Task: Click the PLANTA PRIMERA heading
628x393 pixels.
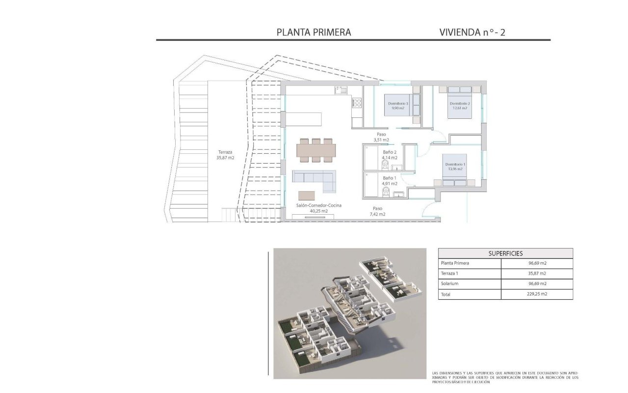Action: click(314, 32)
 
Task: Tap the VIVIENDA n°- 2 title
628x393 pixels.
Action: click(472, 32)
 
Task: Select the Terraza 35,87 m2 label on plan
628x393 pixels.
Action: click(225, 155)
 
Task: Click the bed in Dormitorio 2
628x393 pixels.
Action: click(460, 102)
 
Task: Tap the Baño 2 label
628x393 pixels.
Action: click(390, 155)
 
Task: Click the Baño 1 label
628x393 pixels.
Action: click(390, 180)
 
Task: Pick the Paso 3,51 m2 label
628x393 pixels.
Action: click(381, 137)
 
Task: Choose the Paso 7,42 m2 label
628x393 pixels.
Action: click(377, 211)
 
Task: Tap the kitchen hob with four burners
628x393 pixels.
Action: click(357, 103)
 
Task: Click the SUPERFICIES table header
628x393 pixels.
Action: click(505, 253)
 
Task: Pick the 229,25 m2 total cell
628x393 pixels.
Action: click(536, 294)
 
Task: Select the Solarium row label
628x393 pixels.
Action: click(450, 284)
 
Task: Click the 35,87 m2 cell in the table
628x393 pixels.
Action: click(536, 274)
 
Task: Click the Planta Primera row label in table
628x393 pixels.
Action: click(455, 263)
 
